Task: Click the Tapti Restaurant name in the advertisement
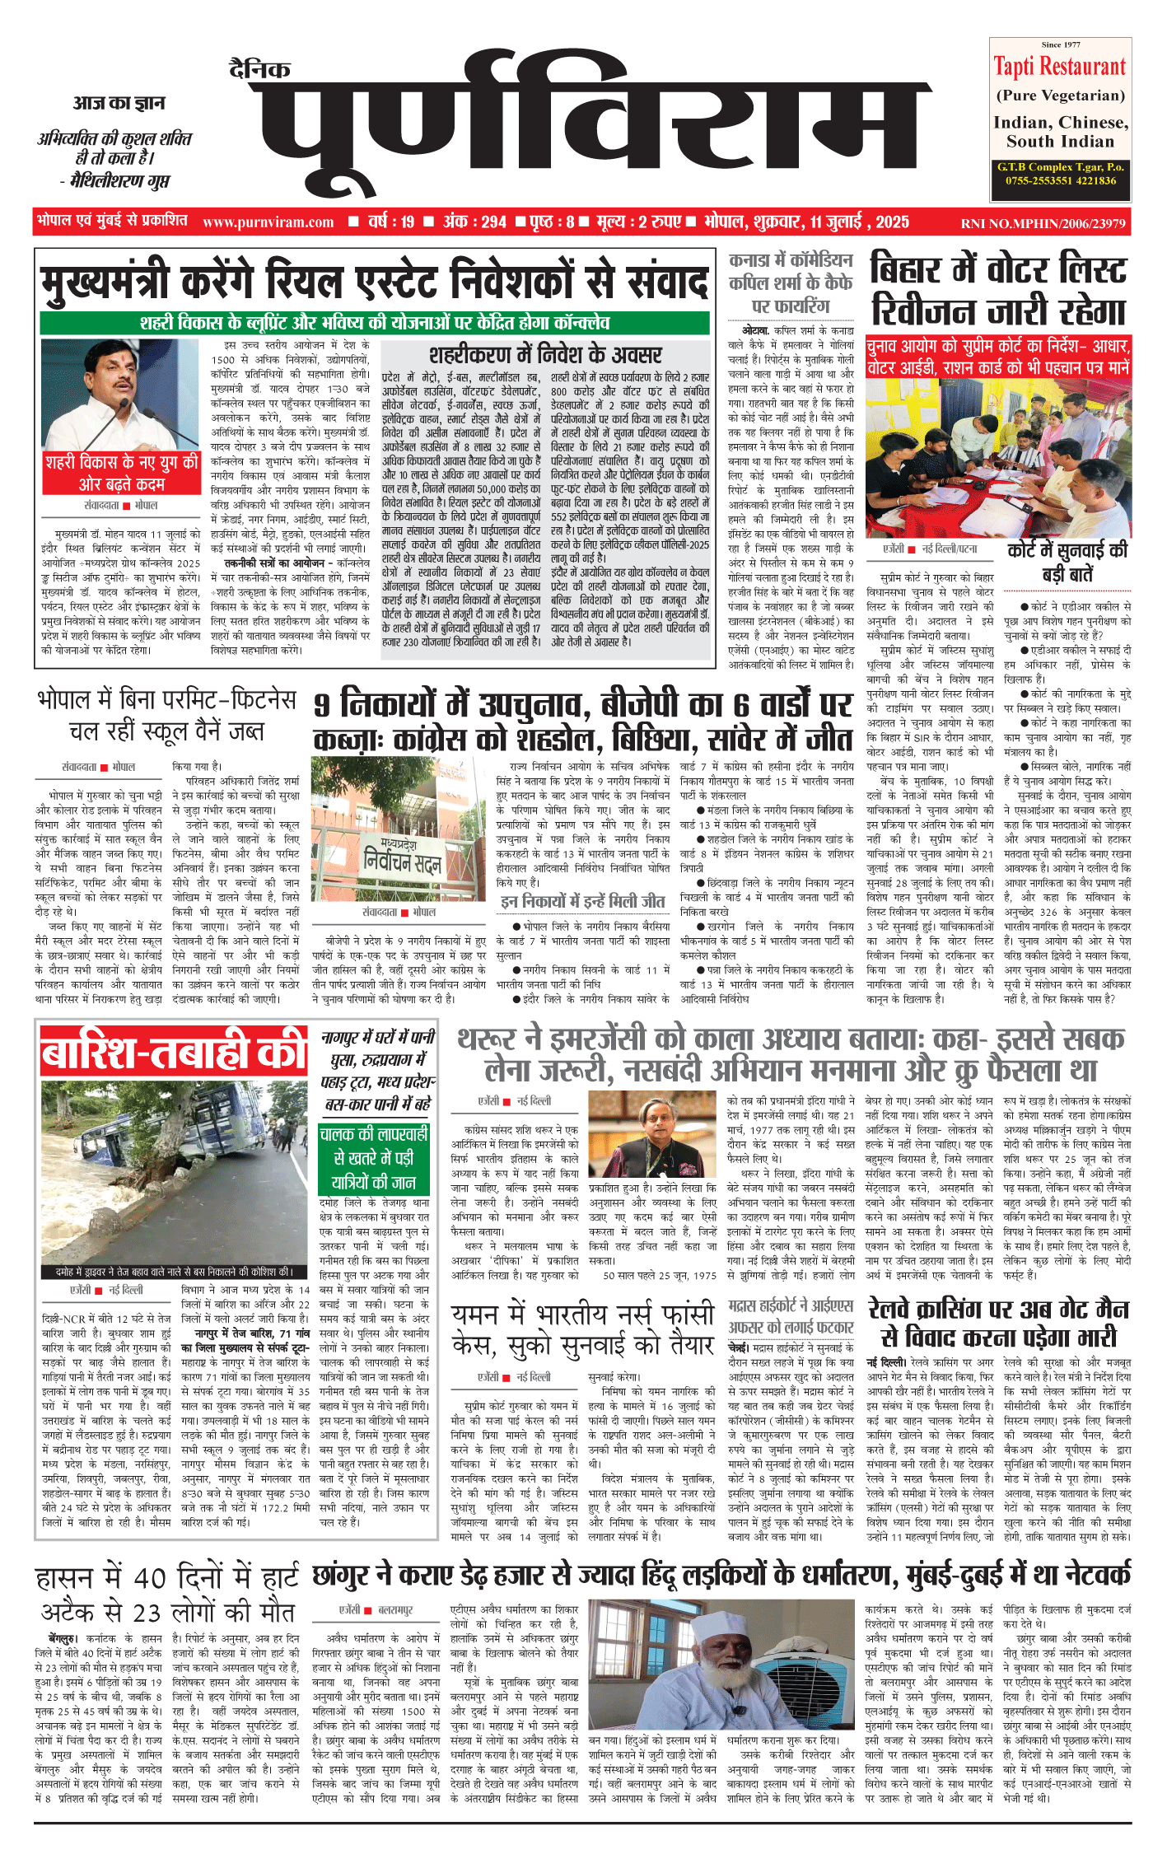point(1059,67)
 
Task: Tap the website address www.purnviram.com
point(268,222)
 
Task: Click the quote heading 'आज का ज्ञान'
point(119,103)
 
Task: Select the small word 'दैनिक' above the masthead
point(259,69)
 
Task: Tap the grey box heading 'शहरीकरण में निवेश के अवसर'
point(545,355)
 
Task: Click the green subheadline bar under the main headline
point(375,322)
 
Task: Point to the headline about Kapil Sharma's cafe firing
point(790,283)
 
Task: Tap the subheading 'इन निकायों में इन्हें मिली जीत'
point(582,902)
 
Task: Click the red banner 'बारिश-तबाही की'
point(175,1053)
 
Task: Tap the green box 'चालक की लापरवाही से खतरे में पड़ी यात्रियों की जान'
point(374,1159)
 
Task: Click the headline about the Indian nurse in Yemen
point(583,1328)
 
